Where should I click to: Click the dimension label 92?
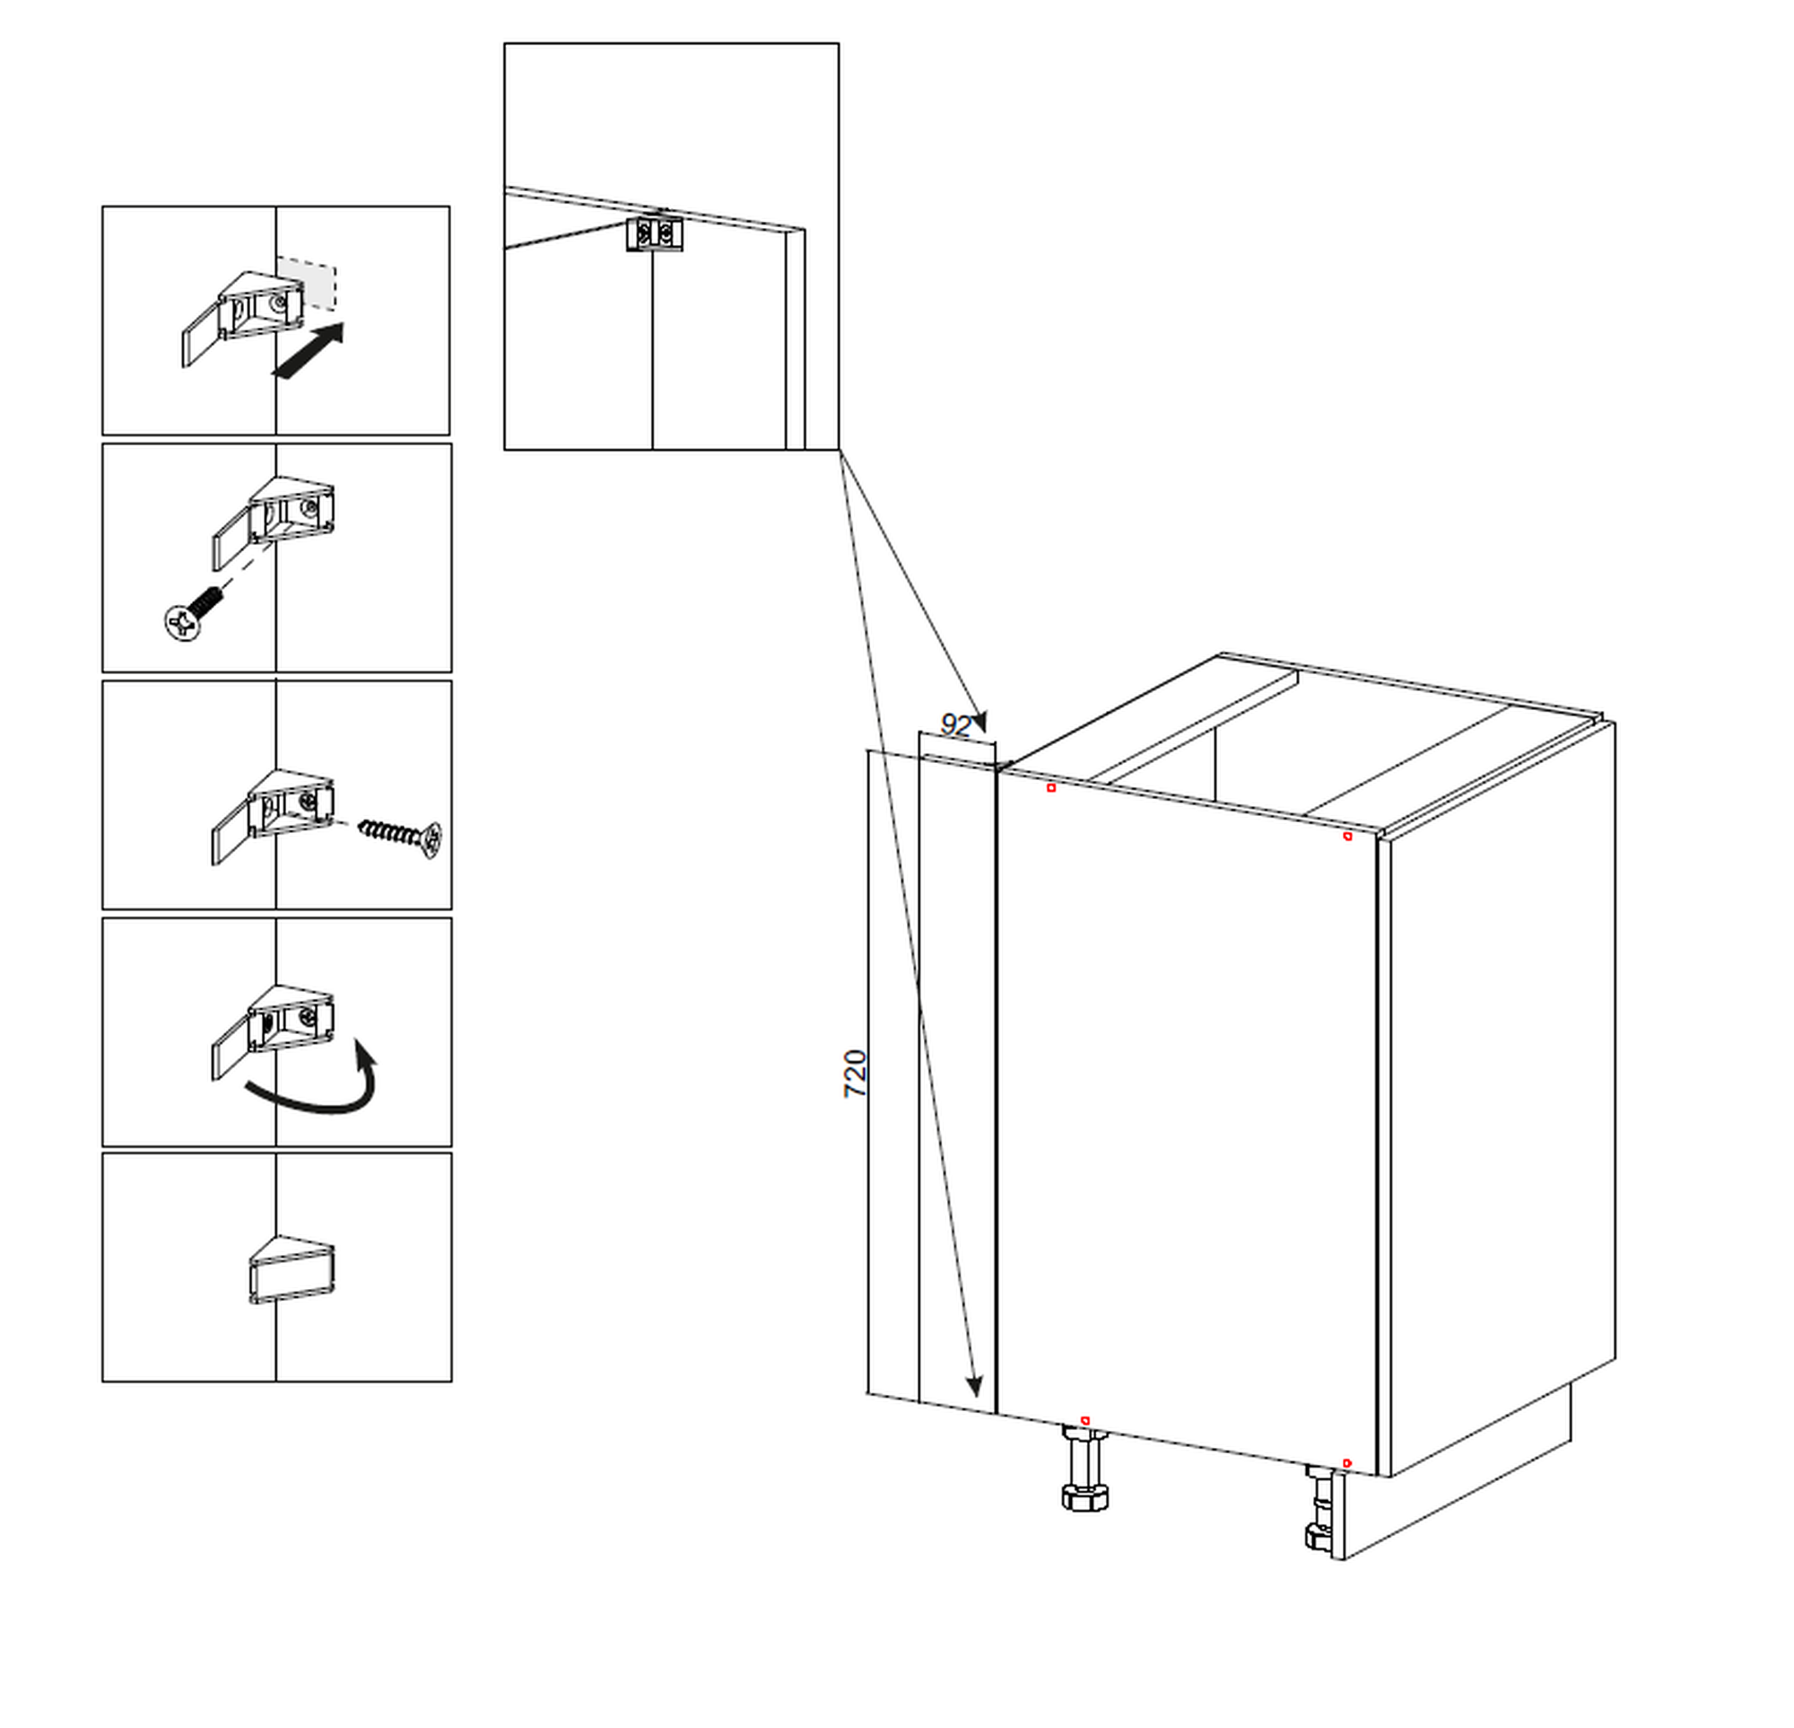coord(954,726)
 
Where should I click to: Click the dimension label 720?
coord(855,1075)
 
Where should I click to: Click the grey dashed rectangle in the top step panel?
coord(308,282)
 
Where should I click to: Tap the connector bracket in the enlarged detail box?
coord(656,233)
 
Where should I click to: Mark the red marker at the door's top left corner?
coord(1051,787)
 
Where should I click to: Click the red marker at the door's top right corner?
coord(1347,836)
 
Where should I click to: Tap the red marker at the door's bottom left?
coord(1085,1420)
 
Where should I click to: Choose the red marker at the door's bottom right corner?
coord(1346,1463)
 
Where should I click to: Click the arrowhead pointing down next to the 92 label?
coord(980,722)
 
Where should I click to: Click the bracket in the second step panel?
coord(274,520)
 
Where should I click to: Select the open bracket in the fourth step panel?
coord(274,1028)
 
